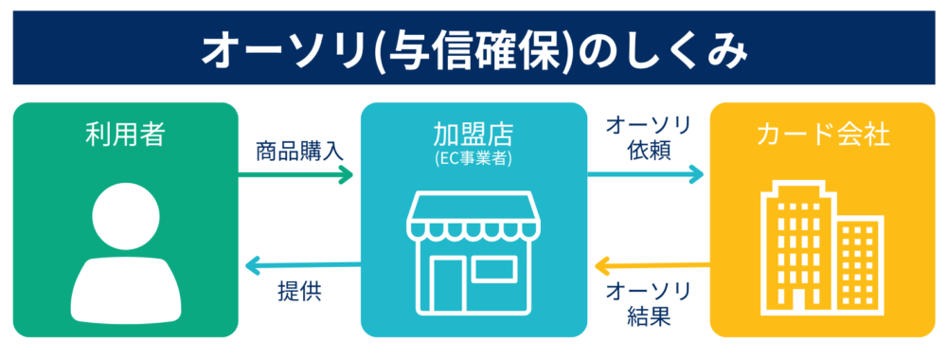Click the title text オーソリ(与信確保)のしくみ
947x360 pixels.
[x=474, y=49]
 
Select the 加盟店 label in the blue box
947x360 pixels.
[x=473, y=135]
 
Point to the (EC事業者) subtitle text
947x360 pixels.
[x=473, y=159]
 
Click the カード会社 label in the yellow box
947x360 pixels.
[x=823, y=135]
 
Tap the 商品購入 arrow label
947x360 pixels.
[x=299, y=152]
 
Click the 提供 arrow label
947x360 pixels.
[x=299, y=292]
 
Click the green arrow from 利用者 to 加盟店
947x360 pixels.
[x=295, y=176]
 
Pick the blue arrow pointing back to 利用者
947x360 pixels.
[x=303, y=264]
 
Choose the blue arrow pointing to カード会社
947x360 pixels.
[x=646, y=175]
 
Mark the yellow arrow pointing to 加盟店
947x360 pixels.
[x=652, y=264]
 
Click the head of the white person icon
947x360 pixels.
[x=126, y=215]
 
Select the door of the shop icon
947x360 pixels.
[x=447, y=284]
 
